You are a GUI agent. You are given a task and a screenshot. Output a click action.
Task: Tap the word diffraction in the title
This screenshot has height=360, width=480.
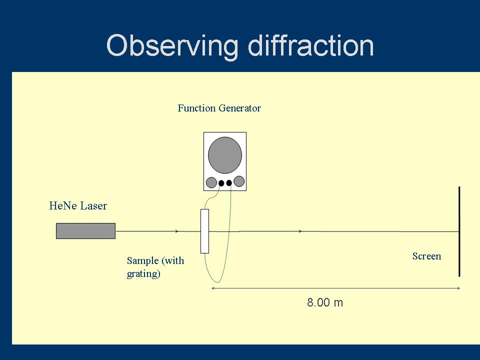(x=310, y=46)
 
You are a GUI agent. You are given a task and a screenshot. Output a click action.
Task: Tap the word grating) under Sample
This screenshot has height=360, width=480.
(x=143, y=273)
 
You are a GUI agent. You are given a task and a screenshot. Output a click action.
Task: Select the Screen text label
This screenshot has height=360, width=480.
(x=426, y=256)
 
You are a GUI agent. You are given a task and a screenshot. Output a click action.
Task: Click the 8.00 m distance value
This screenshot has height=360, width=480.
(x=325, y=302)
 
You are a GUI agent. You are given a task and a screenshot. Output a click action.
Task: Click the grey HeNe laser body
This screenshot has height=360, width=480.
(x=85, y=231)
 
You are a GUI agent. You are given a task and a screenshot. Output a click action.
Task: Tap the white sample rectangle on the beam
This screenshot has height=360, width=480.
(x=204, y=231)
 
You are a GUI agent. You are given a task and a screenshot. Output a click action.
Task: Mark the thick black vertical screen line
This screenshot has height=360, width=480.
(x=459, y=231)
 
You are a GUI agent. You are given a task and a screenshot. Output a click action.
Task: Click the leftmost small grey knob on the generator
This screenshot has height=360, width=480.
(x=211, y=182)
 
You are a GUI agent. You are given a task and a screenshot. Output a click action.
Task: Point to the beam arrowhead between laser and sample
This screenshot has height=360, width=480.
(x=176, y=231)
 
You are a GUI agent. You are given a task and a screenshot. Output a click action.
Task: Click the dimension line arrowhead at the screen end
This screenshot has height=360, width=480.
(x=457, y=288)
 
